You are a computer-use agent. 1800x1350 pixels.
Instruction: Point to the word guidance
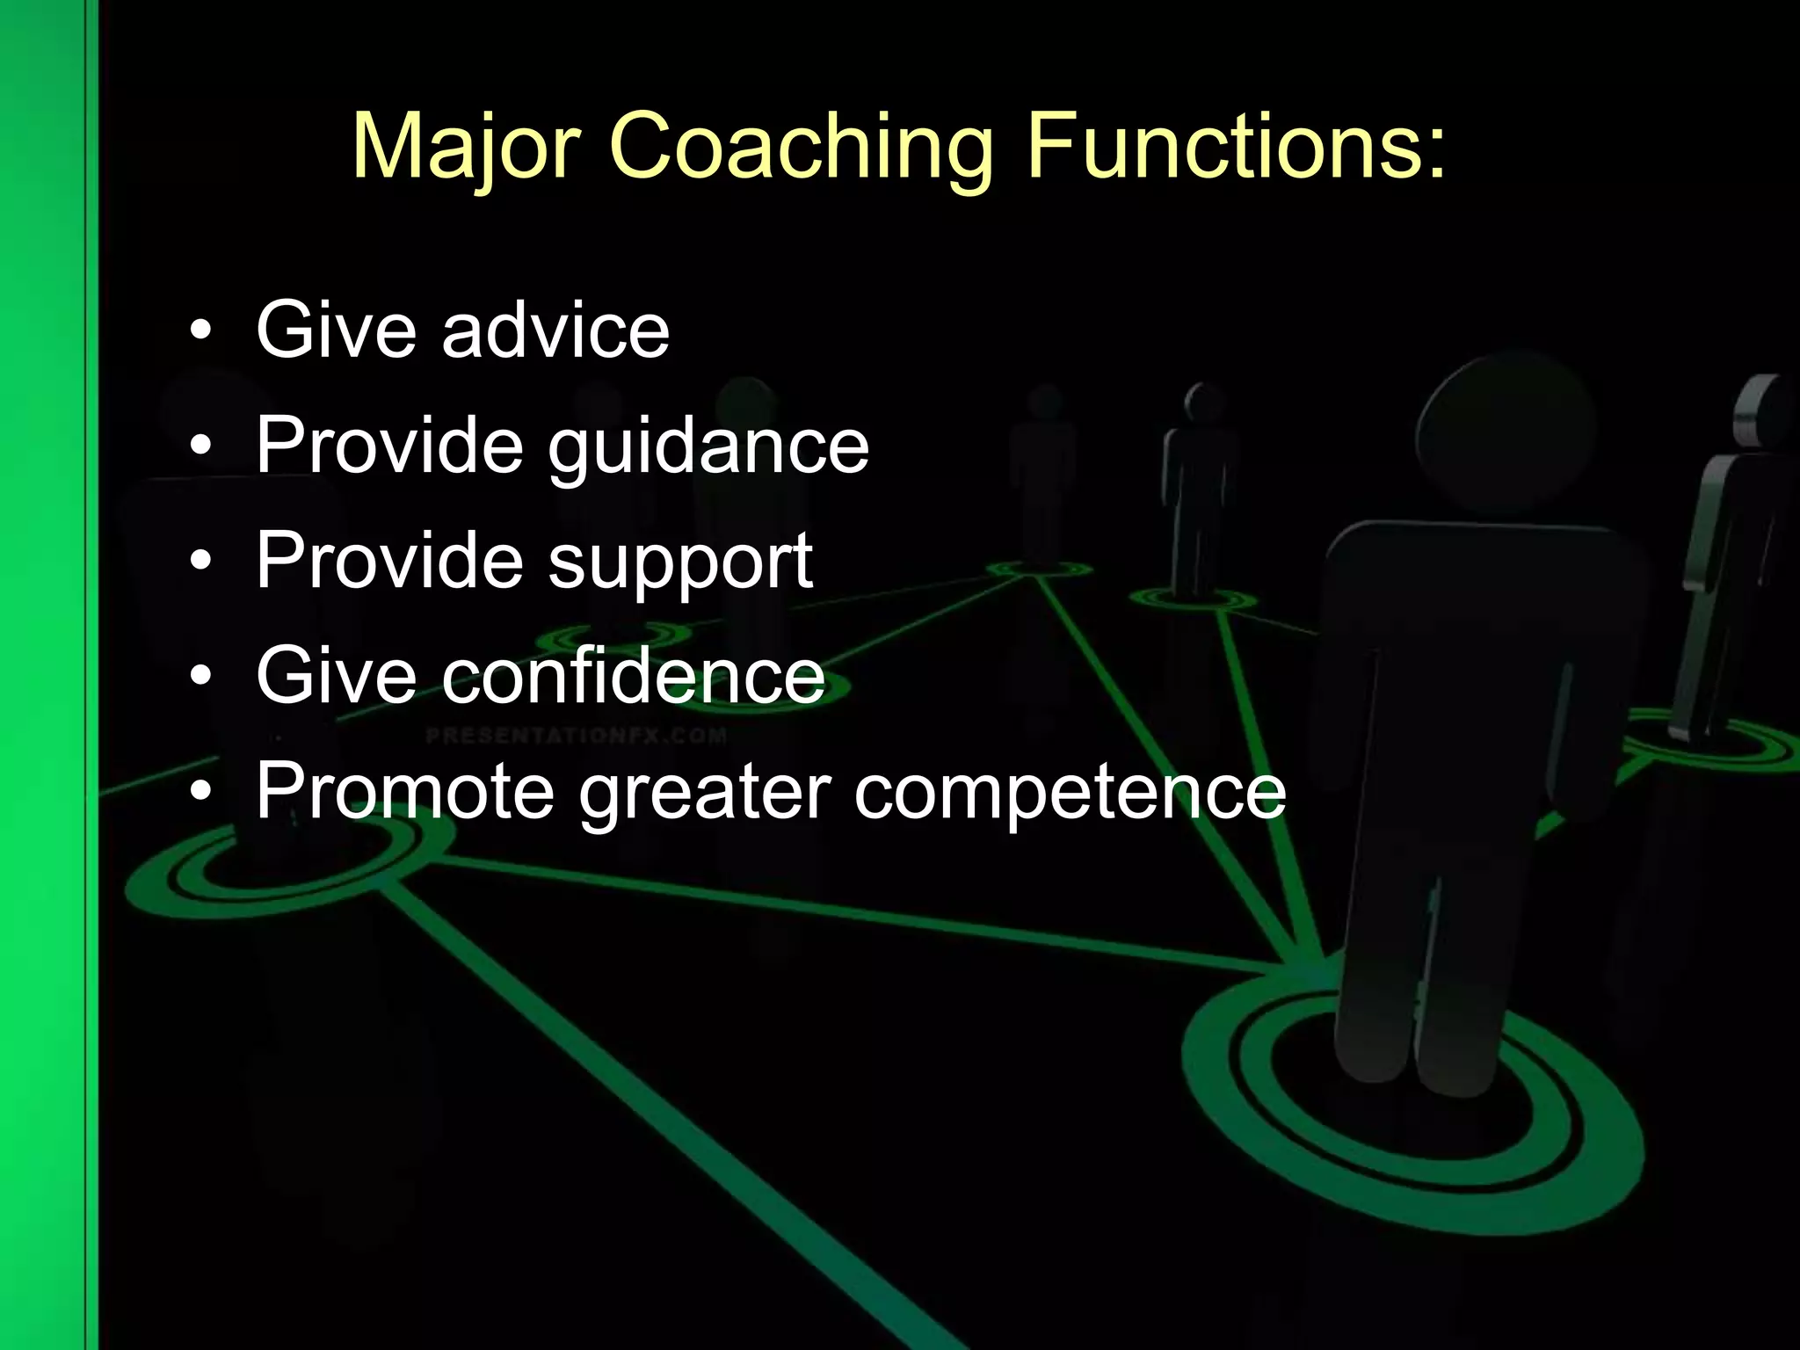coord(708,446)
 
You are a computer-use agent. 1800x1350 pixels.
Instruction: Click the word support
coord(680,562)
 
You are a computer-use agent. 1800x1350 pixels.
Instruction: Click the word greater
coord(704,793)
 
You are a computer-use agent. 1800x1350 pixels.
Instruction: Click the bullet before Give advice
coord(201,331)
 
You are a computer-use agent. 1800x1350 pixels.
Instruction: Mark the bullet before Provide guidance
coord(201,446)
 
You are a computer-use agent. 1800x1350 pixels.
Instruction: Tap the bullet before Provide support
coord(201,561)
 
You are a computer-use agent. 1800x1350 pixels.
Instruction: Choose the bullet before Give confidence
coord(201,676)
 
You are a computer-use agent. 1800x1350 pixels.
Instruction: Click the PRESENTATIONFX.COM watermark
coord(577,735)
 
